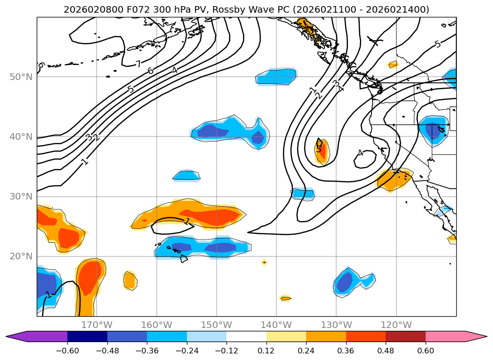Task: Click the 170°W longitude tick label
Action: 97,325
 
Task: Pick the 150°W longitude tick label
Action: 216,325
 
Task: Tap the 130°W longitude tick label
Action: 336,325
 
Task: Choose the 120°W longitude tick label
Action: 396,325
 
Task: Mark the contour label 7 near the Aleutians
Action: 138,64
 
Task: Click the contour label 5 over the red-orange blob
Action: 319,150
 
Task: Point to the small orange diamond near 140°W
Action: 264,262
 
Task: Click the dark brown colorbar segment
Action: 405,336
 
